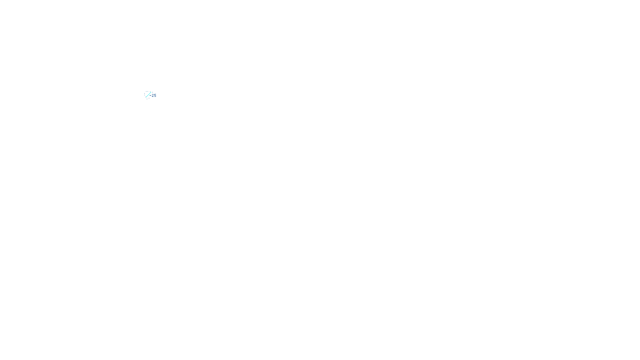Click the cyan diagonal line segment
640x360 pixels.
148,95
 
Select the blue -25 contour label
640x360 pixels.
153,95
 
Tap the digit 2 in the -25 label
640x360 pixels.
153,96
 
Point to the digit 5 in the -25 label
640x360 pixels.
155,96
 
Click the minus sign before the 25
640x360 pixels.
150,95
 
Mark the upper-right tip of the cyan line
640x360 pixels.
151,92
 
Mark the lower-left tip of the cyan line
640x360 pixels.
146,97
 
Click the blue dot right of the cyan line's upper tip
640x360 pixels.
152,92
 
